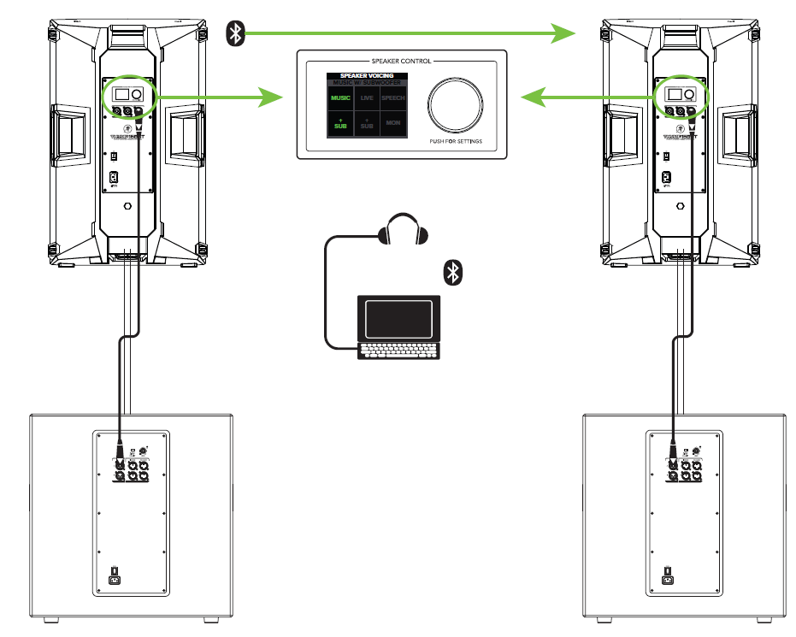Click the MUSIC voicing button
[339, 98]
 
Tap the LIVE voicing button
[367, 98]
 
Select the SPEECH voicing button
[393, 98]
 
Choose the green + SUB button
[339, 124]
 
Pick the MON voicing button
[393, 124]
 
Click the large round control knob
[456, 104]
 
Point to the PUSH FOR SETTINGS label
[456, 141]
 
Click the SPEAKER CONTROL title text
[401, 62]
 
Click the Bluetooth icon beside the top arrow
[235, 33]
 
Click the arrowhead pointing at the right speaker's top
[563, 33]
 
